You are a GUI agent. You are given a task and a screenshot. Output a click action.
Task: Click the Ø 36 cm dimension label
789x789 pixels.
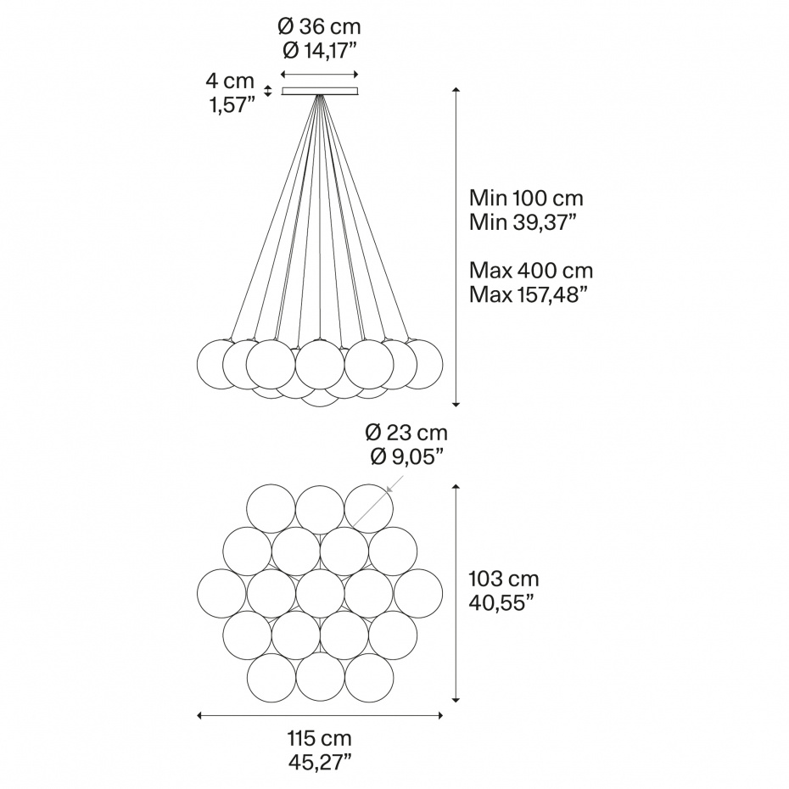pos(319,26)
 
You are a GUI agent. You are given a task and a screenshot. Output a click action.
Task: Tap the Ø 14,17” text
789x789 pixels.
pos(320,50)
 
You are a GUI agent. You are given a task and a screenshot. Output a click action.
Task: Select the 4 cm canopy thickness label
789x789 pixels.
pos(230,81)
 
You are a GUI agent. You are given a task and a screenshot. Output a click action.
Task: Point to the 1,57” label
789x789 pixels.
pos(232,105)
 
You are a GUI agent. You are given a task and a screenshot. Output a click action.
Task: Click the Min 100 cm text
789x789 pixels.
pos(526,198)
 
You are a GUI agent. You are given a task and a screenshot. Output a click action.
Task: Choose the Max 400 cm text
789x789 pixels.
pos(531,271)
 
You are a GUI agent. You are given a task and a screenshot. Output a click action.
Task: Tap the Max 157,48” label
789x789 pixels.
pos(529,294)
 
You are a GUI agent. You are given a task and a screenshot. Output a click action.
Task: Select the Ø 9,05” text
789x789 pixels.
pos(407,456)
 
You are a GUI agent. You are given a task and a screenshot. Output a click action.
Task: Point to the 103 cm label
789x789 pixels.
pos(504,579)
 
